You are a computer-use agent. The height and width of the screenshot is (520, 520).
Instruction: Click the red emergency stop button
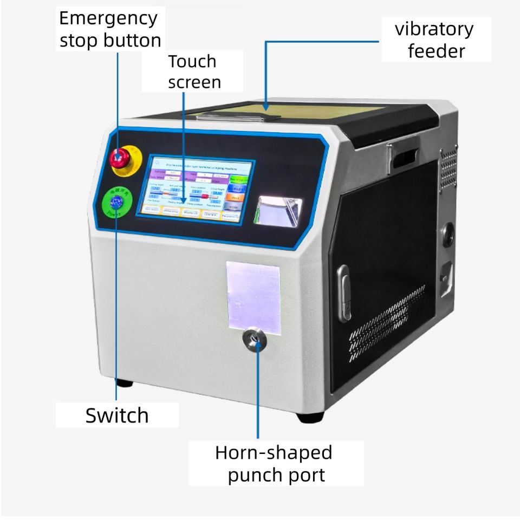[120, 158]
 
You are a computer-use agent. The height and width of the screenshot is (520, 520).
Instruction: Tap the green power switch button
[115, 202]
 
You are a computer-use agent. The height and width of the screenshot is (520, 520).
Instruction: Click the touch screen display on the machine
[194, 188]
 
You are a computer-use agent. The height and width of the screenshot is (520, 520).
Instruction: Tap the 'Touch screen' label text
[193, 71]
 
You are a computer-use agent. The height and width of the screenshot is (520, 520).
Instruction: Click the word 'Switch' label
[117, 415]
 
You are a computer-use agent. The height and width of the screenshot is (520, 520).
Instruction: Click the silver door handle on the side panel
[343, 292]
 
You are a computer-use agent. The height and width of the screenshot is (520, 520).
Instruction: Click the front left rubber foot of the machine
[124, 383]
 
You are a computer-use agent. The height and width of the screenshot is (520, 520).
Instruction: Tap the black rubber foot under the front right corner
[310, 418]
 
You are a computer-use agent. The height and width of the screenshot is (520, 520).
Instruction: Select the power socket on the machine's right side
[446, 278]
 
